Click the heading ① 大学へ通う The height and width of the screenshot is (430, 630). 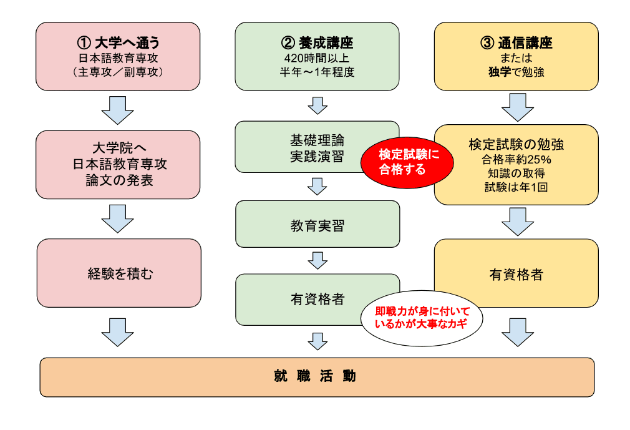point(118,43)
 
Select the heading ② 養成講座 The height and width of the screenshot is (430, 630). point(317,43)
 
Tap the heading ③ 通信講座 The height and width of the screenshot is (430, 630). point(516,43)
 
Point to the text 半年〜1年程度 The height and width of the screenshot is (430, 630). point(317,72)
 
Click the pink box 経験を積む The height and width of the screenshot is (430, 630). point(119,273)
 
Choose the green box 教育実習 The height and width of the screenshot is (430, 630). point(317,225)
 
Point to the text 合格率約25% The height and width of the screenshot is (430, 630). point(516,159)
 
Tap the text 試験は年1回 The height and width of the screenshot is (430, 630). point(516,188)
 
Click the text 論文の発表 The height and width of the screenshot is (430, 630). point(119,181)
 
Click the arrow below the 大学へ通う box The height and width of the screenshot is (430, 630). point(118,110)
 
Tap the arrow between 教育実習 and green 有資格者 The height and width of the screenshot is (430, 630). point(317,260)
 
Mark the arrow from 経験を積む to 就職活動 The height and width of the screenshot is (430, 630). point(118,331)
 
